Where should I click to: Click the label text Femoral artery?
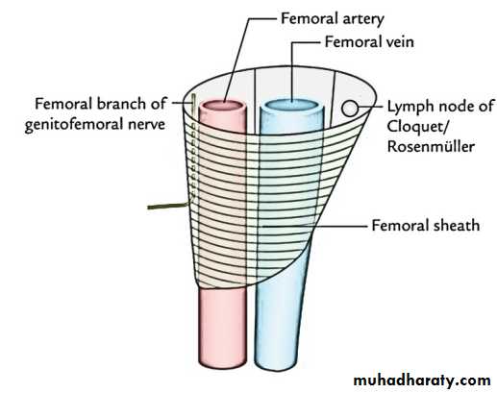tap(333, 19)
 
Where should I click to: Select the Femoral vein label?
tap(369, 42)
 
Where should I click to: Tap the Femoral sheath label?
tap(426, 226)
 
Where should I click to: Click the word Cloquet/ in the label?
tap(416, 127)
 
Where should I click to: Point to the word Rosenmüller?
tap(431, 147)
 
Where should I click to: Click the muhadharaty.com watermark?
tap(422, 381)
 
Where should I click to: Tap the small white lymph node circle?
tap(350, 109)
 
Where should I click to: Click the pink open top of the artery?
tap(223, 106)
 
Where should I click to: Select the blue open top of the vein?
tap(292, 105)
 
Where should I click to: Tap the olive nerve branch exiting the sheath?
tap(167, 206)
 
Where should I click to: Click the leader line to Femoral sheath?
tap(314, 226)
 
